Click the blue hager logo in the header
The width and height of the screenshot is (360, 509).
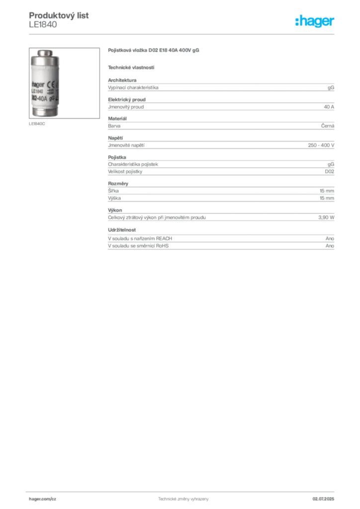(315, 21)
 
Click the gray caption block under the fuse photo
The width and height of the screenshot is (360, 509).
(38, 124)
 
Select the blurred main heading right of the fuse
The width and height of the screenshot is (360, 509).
(155, 51)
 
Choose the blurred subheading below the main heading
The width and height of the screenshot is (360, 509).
(131, 67)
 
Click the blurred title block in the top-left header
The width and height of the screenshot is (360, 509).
(60, 15)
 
